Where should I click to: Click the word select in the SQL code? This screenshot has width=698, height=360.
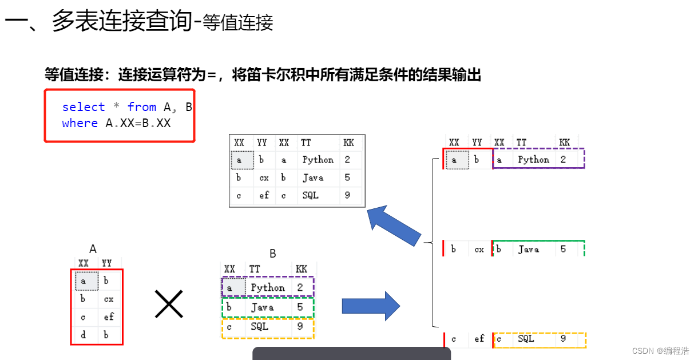(84, 107)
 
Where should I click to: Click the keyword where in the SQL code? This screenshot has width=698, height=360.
(80, 123)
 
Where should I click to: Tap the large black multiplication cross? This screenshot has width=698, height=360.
(169, 304)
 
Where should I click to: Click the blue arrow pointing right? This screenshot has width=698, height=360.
(371, 306)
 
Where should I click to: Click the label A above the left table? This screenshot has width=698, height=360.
(93, 249)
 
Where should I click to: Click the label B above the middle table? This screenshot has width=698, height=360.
(273, 254)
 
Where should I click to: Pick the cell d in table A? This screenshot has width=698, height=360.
(84, 335)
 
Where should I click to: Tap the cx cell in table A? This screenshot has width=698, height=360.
(108, 299)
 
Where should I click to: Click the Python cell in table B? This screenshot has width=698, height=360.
(268, 288)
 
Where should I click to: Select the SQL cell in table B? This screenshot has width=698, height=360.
(259, 327)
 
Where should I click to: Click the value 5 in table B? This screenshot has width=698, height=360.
(299, 307)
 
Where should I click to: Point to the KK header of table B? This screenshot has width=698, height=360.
(301, 269)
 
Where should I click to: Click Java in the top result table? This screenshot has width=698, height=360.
(313, 177)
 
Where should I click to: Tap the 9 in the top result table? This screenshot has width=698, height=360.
(347, 195)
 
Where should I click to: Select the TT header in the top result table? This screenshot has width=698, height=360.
(307, 143)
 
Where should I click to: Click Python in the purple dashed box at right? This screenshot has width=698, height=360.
(533, 160)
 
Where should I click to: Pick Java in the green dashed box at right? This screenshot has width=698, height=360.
(529, 249)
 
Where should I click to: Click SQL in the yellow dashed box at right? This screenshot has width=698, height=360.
(526, 339)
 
